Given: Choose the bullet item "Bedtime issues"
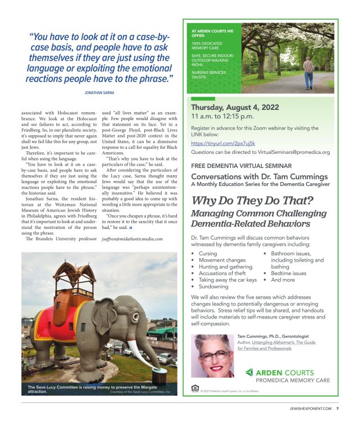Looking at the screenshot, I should click(x=289, y=273).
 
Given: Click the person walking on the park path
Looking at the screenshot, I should click(x=308, y=72).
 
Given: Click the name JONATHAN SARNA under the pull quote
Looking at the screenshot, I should click(x=100, y=91).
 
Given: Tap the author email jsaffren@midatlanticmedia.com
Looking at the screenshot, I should click(x=132, y=239).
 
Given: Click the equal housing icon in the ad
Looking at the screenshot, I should click(x=195, y=389).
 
